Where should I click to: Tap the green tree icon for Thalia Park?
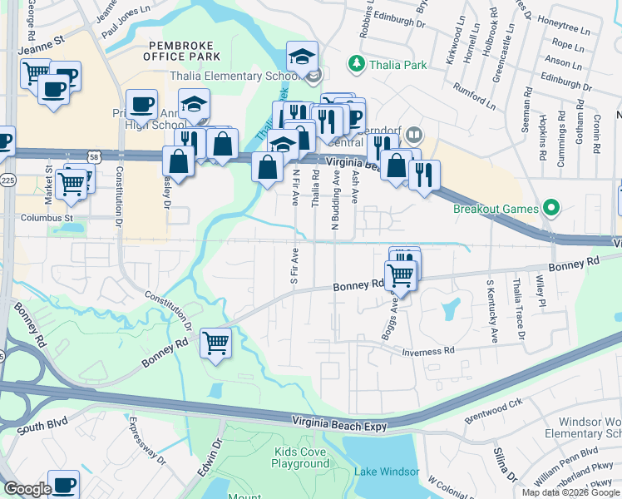tap(357, 62)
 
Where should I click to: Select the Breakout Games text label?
tap(496, 208)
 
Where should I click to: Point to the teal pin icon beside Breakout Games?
tap(549, 207)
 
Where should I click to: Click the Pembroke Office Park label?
tap(181, 50)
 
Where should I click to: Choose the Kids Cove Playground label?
tap(300, 457)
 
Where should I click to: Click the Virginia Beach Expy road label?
tap(340, 426)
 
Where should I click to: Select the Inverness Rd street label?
tap(428, 352)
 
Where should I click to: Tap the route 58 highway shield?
tap(95, 156)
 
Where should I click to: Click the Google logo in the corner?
tap(27, 489)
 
